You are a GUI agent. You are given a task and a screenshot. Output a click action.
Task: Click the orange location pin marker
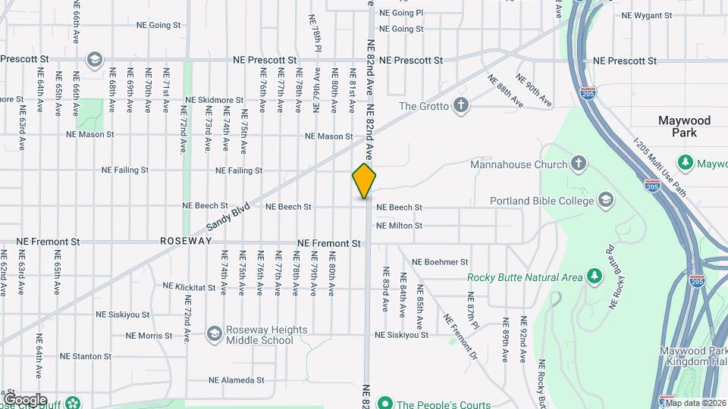364,180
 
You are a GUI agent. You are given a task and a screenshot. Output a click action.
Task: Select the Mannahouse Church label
519,164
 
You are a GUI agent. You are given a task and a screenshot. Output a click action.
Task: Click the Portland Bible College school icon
605,200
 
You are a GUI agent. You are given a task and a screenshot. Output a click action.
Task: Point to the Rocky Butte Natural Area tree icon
595,277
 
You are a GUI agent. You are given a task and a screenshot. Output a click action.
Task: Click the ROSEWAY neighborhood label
184,241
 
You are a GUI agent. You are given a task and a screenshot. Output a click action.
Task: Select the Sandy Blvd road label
228,217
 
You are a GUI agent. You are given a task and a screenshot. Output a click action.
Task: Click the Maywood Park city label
684,126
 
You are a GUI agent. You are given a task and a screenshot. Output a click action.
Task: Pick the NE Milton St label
409,226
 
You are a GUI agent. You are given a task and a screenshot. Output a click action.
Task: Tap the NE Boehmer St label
440,262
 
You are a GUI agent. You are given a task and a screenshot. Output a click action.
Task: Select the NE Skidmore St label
214,100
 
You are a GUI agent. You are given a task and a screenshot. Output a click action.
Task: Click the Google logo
24,399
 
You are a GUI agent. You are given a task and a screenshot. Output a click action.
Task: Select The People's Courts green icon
384,403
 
